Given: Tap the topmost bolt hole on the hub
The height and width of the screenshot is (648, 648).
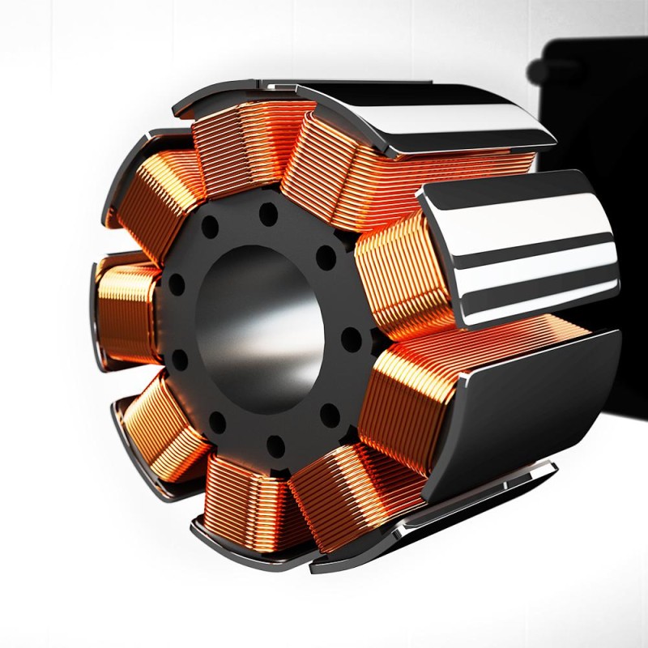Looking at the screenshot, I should point(268,215).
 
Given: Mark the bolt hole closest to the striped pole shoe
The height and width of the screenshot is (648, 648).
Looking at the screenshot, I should point(326,258).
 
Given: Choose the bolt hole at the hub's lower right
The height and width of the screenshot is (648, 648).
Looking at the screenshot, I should point(330,414).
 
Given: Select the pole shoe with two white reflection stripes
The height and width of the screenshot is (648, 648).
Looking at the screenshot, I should point(518,247).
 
